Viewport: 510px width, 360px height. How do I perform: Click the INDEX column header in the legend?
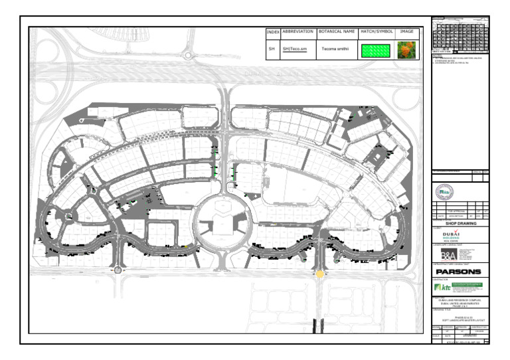pyautogui.click(x=272, y=32)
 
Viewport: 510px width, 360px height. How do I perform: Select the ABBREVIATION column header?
pyautogui.click(x=297, y=32)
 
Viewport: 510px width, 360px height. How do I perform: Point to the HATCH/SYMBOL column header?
pyautogui.click(x=377, y=32)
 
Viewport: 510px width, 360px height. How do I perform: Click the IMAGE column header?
pyautogui.click(x=406, y=32)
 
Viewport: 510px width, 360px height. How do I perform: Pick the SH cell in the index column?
pyautogui.click(x=272, y=49)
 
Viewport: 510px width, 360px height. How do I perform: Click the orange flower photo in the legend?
pyautogui.click(x=406, y=50)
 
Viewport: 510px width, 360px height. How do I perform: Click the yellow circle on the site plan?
pyautogui.click(x=320, y=273)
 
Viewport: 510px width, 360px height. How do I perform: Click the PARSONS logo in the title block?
pyautogui.click(x=459, y=272)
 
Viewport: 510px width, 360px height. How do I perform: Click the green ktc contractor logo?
pyautogui.click(x=459, y=288)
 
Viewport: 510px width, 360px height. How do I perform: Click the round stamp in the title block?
pyautogui.click(x=446, y=191)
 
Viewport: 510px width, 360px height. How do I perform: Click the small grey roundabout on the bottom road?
pyautogui.click(x=118, y=270)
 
